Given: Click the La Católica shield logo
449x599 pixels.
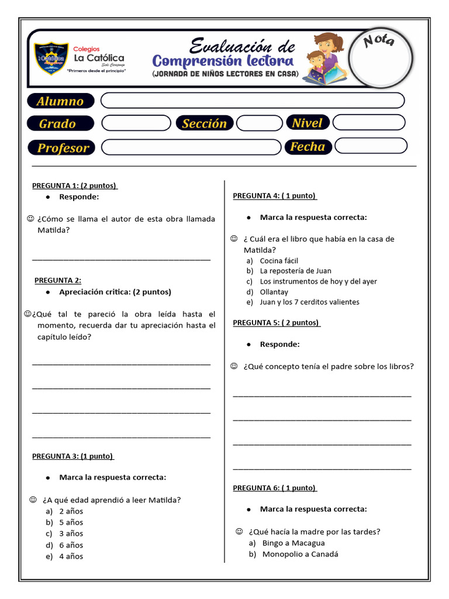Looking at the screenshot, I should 51,58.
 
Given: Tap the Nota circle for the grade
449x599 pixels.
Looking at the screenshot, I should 381,58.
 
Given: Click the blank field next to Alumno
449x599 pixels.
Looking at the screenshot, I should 252,101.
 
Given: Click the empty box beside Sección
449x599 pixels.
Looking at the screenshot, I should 259,123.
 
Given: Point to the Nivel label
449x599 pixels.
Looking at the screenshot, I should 308,123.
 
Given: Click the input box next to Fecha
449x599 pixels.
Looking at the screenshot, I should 369,146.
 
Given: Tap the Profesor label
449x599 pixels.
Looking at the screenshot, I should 63,147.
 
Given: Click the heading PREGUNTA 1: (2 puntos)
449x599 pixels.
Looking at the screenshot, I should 74,186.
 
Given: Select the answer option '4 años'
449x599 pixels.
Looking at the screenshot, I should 71,556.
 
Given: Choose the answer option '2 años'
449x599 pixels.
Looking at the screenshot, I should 71,511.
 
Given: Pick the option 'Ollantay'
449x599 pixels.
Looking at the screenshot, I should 274,291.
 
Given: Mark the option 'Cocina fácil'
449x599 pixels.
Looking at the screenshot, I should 279,260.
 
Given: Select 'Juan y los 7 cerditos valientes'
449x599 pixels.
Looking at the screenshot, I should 309,302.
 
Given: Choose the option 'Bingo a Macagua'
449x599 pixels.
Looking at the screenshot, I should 293,543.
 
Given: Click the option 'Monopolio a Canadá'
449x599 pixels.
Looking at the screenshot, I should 300,554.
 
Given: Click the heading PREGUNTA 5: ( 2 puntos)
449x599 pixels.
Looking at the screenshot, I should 276,322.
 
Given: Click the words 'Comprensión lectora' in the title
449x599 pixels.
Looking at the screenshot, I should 222,61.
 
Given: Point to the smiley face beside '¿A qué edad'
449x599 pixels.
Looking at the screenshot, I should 33,500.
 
